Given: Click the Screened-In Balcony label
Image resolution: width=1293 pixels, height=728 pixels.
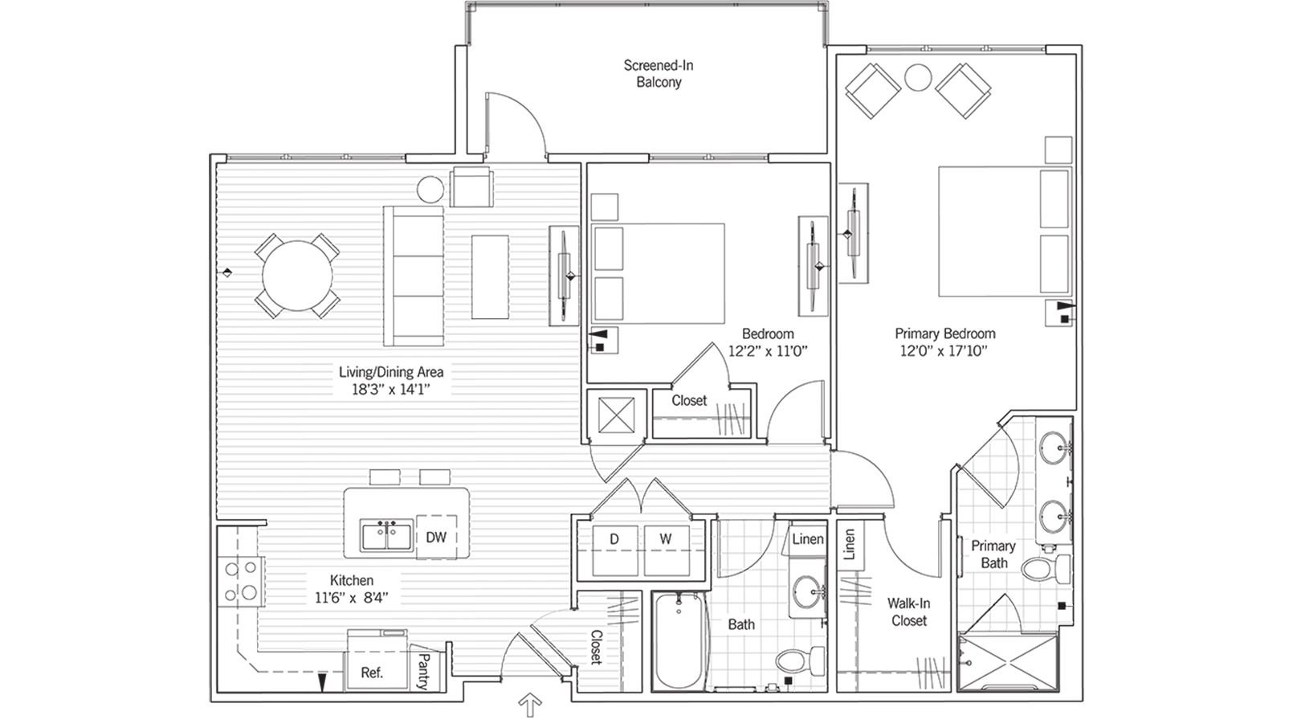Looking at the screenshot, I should [x=658, y=73].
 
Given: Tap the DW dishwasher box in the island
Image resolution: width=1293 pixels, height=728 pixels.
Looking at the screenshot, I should [x=436, y=538].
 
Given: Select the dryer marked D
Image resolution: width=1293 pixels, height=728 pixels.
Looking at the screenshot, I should [x=614, y=550].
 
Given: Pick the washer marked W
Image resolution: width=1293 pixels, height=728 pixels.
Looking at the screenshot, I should [x=666, y=550].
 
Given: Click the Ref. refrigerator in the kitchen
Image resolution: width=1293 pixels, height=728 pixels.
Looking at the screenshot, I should [x=371, y=671].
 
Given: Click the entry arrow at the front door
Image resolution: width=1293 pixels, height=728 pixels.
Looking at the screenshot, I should [x=529, y=706].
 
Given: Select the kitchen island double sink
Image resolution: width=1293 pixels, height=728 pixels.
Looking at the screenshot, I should [x=387, y=536].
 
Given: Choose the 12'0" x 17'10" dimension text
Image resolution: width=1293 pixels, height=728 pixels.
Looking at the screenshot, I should [x=946, y=350].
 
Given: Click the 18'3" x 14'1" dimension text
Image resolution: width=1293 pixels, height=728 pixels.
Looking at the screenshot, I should [x=391, y=390].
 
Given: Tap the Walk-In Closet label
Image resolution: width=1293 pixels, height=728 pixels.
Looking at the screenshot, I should [x=908, y=611].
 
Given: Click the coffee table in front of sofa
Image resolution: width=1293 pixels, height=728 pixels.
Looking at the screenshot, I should [x=490, y=276].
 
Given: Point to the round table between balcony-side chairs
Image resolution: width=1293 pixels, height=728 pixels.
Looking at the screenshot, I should [x=918, y=78].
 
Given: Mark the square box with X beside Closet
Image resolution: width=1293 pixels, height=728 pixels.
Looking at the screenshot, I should [x=616, y=415].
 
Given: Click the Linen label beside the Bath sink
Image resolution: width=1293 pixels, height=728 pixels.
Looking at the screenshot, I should [x=807, y=539].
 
